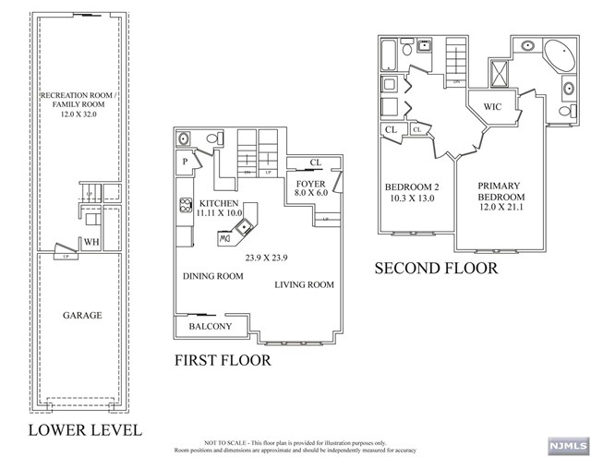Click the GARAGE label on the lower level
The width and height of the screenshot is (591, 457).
(83, 316)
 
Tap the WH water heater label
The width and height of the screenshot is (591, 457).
(92, 242)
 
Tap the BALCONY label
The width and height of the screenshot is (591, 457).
(211, 327)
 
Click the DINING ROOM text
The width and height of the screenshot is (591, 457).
(212, 275)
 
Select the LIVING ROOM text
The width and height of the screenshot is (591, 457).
(305, 285)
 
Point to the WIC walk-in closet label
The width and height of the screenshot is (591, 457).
(492, 107)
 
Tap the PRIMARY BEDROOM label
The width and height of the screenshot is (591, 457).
(501, 192)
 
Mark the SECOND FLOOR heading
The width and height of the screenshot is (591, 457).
(436, 269)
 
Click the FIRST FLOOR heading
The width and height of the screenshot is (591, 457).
(223, 360)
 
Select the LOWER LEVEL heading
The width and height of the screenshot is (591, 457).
(85, 430)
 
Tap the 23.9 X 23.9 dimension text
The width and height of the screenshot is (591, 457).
(269, 259)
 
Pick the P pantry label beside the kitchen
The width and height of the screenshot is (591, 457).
(185, 161)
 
